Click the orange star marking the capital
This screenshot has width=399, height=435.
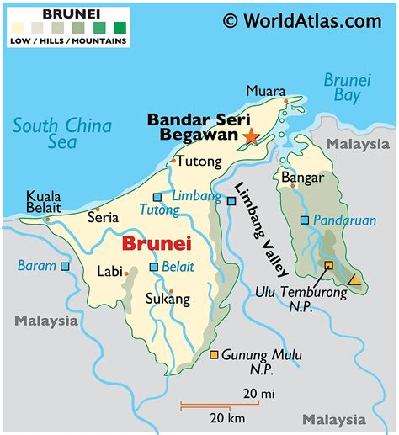click(x=249, y=135)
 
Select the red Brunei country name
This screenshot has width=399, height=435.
click(x=157, y=244)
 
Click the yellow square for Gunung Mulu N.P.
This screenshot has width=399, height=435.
click(x=214, y=355)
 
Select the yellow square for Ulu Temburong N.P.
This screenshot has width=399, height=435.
click(x=328, y=265)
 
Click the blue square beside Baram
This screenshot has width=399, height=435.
click(x=65, y=266)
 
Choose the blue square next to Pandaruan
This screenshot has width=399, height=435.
click(x=305, y=220)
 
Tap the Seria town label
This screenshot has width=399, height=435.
click(x=103, y=217)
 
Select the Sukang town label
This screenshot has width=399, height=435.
click(x=168, y=299)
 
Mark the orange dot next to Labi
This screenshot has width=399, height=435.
click(x=125, y=273)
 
